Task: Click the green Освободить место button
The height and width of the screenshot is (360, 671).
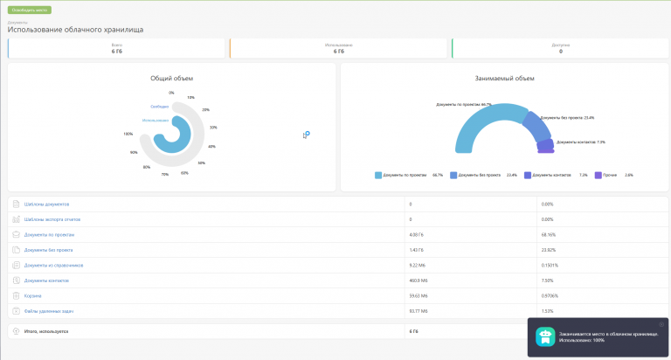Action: [30, 10]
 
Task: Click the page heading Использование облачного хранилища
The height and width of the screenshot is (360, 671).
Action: [75, 30]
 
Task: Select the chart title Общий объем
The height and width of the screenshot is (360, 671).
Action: [171, 78]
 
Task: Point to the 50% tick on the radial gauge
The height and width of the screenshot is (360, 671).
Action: [201, 163]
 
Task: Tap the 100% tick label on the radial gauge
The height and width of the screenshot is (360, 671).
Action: [128, 134]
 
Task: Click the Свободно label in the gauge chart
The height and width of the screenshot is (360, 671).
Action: [158, 107]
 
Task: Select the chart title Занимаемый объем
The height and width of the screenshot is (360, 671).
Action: [504, 78]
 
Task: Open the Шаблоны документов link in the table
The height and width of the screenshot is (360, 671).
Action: [46, 204]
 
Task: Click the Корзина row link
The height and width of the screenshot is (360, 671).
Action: [34, 295]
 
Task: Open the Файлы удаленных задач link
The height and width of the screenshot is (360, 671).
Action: [50, 310]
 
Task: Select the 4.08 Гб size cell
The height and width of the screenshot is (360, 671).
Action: [417, 234]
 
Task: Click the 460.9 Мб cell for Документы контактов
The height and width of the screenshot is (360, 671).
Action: [419, 280]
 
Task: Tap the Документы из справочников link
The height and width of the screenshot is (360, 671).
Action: [54, 265]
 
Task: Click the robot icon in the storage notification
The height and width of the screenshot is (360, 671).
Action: [545, 336]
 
